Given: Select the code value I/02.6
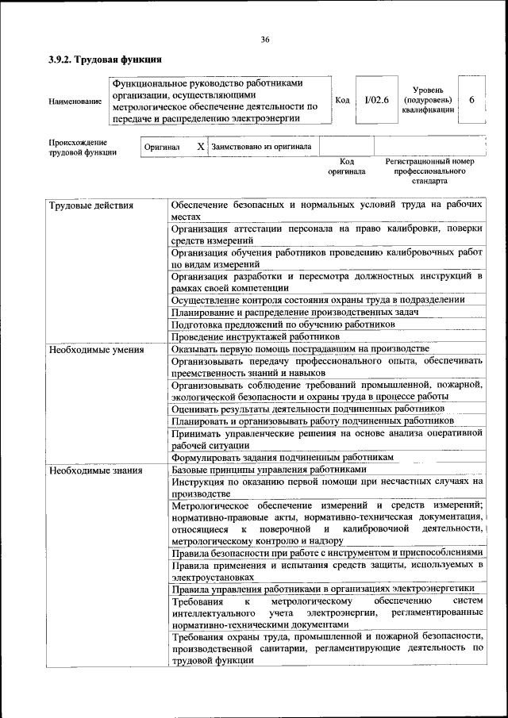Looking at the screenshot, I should tap(371, 100).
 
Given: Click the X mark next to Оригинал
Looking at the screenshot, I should tap(201, 147).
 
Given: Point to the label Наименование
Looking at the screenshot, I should tap(75, 102).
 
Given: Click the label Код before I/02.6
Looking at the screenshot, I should tap(342, 100).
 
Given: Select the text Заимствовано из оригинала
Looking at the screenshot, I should tap(262, 147).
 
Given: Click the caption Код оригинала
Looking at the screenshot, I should tap(346, 166).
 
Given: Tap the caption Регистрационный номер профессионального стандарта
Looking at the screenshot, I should tap(429, 171).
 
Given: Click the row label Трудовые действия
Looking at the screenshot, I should tap(90, 205).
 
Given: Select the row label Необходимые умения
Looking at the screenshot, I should tap(96, 349).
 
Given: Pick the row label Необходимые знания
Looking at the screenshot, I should tap(95, 470).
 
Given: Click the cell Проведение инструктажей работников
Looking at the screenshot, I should tap(250, 337).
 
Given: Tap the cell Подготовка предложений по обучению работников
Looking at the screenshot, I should tap(283, 324).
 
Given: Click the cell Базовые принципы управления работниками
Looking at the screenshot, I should tap(269, 470).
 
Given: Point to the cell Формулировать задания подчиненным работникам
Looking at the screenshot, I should tap(283, 458).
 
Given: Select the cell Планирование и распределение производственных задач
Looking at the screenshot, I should tap(294, 313).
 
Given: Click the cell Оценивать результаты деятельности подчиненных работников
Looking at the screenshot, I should tap(307, 409).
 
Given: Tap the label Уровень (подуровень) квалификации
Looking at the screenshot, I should tap(428, 101).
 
